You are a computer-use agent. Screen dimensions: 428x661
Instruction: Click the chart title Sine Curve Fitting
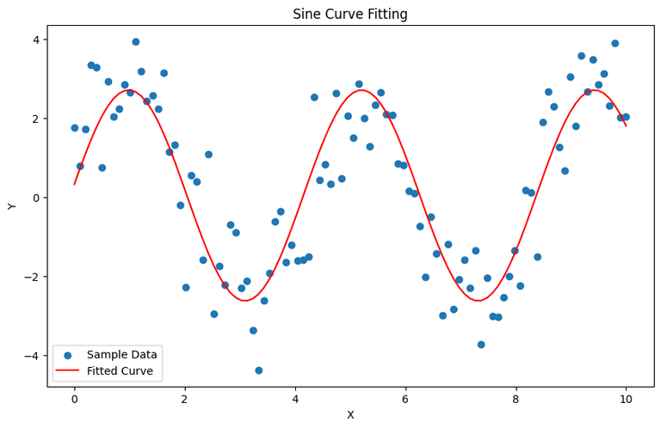350,14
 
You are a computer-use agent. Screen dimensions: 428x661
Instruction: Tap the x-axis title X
350,414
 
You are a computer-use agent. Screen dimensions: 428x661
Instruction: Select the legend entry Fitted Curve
120,371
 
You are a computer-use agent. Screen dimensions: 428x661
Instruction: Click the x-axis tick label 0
74,399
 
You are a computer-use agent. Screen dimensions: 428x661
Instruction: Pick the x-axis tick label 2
184,399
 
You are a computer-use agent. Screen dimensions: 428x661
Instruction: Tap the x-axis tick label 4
295,399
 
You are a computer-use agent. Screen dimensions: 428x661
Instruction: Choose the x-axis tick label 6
405,399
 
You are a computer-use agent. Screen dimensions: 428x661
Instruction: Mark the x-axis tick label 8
516,399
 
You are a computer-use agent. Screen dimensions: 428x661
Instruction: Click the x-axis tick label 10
626,399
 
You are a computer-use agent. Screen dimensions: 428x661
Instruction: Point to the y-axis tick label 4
36,40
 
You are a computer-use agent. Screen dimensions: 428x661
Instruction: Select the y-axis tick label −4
33,356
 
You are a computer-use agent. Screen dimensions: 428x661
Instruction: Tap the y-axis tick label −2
33,277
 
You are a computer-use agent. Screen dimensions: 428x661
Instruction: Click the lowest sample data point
258,370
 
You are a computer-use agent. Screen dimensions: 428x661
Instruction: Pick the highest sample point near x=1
135,41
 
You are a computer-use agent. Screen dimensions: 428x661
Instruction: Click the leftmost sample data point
75,128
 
